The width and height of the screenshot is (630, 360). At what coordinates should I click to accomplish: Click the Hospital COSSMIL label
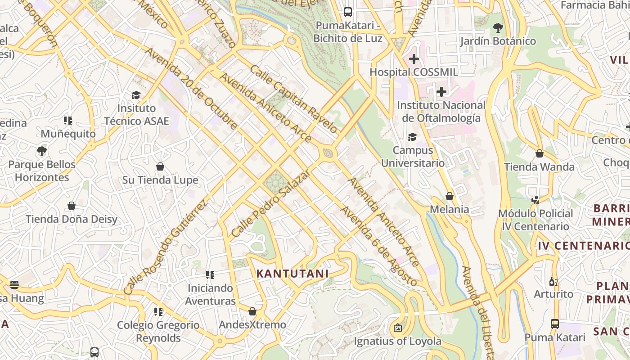[414, 72]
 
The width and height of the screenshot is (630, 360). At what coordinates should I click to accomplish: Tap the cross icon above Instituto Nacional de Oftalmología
[441, 92]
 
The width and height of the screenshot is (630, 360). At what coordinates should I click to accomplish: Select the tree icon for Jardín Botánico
[498, 28]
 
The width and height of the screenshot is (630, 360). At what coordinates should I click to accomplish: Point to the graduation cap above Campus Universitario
[412, 137]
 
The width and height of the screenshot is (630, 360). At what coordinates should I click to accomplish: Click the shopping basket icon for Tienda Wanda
[539, 153]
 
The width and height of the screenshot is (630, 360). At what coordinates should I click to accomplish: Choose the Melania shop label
[449, 209]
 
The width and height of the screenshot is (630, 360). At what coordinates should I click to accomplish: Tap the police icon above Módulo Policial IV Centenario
[535, 200]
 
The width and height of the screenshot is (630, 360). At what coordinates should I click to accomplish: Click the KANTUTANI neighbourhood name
[292, 274]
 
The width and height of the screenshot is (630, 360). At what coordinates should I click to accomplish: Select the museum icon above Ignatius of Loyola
[397, 328]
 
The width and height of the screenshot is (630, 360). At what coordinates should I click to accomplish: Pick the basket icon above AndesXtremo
[252, 311]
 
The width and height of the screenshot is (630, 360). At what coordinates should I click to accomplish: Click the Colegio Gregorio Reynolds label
[158, 331]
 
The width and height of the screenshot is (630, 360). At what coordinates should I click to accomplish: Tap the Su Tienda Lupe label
[160, 180]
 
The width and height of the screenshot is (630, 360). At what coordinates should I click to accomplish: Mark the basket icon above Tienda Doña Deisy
[72, 206]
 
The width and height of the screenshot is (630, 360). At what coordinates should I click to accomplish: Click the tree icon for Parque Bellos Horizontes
[42, 151]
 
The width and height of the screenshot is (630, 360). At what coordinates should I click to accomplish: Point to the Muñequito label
[68, 134]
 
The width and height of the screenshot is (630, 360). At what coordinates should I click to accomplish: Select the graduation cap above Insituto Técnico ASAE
[136, 95]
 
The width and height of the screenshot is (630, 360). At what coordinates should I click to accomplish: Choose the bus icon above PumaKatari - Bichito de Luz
[348, 12]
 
